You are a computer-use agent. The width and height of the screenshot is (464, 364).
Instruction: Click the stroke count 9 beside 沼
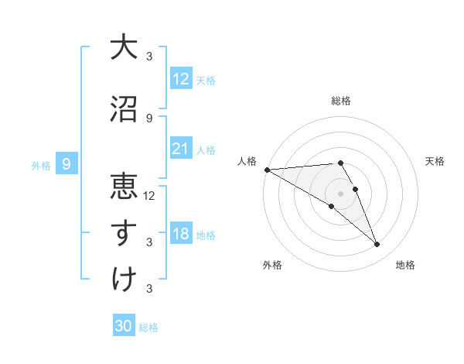coord(149,118)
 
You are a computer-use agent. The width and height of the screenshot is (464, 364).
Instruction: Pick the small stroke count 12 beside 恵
coord(150,195)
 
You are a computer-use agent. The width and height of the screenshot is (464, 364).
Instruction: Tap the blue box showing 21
coord(181,149)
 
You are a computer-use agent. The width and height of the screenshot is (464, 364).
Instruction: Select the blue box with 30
coord(124,326)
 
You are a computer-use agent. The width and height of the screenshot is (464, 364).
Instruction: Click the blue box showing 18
coord(181,234)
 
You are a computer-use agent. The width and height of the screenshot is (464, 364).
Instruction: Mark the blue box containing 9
coord(67,164)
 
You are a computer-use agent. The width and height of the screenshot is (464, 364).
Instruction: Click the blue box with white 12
coord(181,79)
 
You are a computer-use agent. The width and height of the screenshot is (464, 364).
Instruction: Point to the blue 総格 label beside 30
coord(148,328)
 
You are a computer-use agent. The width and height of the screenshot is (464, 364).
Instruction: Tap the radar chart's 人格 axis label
coord(248,161)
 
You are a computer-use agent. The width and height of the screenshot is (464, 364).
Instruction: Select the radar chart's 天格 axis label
coord(435,161)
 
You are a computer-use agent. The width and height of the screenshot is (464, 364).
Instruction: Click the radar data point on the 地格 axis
coord(377,245)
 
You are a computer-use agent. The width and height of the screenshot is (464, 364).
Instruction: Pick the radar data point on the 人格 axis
coord(267,170)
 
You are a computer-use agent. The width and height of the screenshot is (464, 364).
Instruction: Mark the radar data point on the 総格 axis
coord(340,163)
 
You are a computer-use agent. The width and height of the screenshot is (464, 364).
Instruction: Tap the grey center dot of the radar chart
coord(340,193)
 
